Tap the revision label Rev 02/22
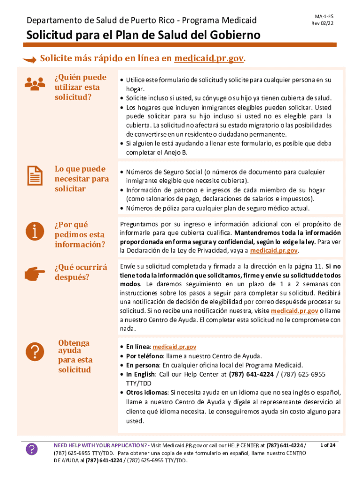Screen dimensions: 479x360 point(324,23)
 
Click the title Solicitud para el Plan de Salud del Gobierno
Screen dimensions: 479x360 point(143,36)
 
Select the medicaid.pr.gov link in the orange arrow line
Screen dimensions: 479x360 point(209,59)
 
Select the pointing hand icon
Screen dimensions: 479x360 point(34,274)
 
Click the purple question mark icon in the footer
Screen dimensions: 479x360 point(31,450)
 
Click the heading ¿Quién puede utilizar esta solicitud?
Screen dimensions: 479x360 point(80,87)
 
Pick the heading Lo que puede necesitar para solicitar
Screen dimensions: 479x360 point(81,179)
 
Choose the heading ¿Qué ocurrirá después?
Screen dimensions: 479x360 point(80,272)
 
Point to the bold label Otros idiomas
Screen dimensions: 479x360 point(146,392)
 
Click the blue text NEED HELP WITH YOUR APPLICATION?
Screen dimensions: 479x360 point(101,445)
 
